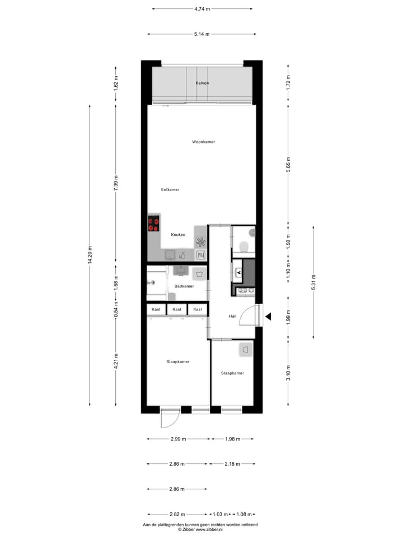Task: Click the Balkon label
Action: [202, 83]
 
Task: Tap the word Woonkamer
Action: [203, 142]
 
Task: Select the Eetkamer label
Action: [170, 189]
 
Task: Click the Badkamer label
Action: [184, 286]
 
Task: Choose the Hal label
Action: [232, 317]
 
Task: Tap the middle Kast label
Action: [177, 309]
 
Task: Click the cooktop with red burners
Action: [154, 224]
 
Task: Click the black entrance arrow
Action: [268, 317]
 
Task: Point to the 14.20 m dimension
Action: [90, 254]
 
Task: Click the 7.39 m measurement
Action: [116, 183]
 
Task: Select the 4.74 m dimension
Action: [201, 9]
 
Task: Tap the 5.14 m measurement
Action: [201, 34]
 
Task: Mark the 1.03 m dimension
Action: [221, 514]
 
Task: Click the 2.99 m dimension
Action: [179, 439]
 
